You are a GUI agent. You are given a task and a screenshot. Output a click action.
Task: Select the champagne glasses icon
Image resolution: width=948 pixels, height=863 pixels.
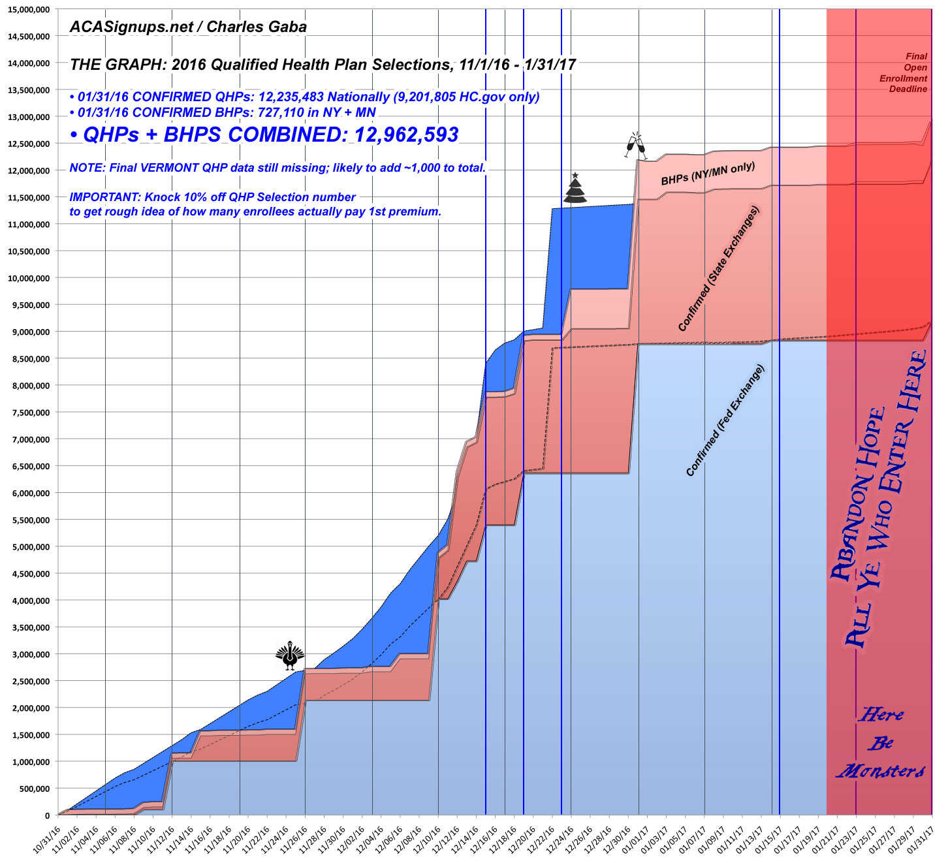633,144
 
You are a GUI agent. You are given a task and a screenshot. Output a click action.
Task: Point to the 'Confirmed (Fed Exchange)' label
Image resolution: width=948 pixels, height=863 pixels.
725,420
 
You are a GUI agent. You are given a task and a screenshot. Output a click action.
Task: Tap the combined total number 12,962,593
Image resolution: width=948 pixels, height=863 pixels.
405,135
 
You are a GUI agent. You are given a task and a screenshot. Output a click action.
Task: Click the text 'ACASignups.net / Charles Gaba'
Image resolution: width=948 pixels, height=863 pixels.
188,27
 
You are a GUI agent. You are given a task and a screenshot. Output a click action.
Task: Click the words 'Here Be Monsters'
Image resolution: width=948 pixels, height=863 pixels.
881,743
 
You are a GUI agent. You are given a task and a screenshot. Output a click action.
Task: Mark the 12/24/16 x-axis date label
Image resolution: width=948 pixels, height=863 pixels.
562,838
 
